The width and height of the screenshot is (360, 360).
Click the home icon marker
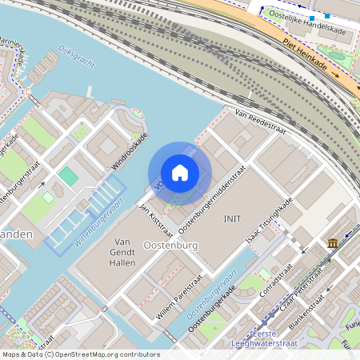(x=180, y=173)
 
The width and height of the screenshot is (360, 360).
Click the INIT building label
(x=233, y=218)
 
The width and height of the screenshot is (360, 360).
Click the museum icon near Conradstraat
(x=332, y=243)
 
